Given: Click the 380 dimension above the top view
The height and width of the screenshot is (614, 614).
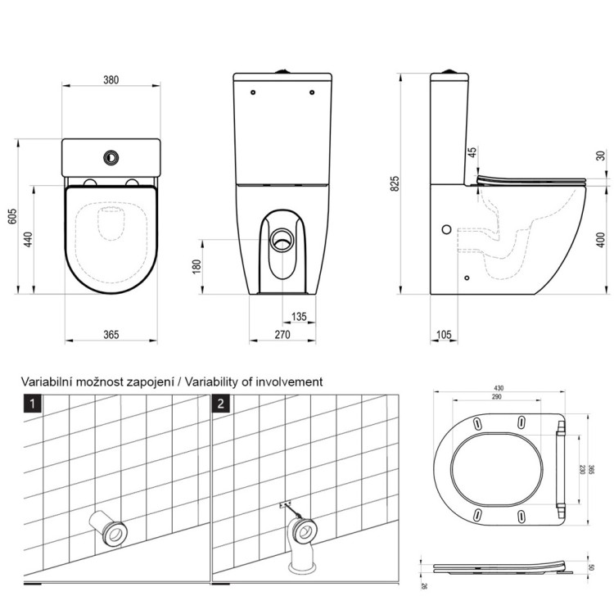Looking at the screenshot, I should click(x=111, y=80).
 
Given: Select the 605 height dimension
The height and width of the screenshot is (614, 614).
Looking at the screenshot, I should click(x=11, y=215).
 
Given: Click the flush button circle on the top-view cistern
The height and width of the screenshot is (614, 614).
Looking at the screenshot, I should click(x=109, y=156).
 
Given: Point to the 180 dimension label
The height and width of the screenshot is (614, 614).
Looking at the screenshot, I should click(x=196, y=267).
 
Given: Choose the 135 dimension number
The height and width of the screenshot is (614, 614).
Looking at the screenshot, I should click(x=300, y=317).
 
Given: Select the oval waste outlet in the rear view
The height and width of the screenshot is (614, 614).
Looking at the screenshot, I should click(x=283, y=241).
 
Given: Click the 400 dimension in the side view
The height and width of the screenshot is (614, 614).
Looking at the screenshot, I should click(x=599, y=239).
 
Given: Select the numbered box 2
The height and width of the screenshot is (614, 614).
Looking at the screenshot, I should click(x=221, y=403).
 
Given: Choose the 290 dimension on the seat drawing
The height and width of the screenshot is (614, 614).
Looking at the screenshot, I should click(x=496, y=397).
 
